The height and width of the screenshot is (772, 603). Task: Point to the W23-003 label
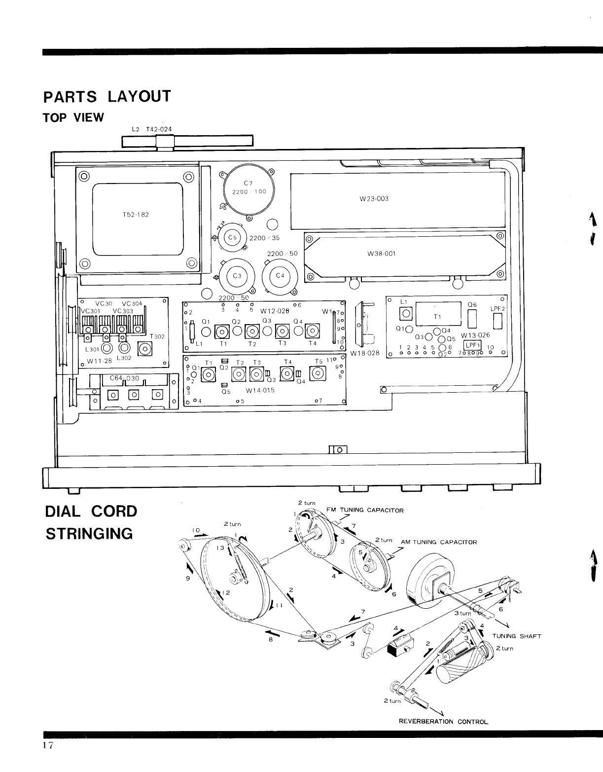tap(374, 198)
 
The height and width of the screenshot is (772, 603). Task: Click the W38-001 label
tap(382, 254)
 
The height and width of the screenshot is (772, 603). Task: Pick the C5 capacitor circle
tap(232, 237)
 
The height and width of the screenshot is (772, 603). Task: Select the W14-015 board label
tap(260, 390)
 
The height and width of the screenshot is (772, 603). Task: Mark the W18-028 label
tap(364, 353)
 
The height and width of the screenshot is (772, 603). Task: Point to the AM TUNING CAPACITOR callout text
tap(439, 542)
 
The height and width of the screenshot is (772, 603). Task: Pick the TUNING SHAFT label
tap(517, 636)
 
